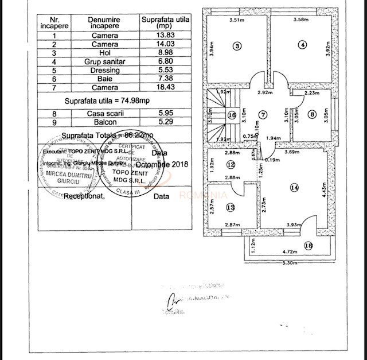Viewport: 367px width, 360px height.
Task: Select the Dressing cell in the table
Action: [x=104, y=70]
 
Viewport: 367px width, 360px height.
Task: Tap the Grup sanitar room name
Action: [x=104, y=61]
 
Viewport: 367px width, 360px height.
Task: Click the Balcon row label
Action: [x=104, y=122]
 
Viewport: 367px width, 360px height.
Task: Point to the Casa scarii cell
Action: [x=104, y=113]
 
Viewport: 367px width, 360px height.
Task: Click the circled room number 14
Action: [x=294, y=187]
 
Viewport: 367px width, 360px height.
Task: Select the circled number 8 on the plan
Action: [x=312, y=114]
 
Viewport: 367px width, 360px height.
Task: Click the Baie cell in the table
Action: [x=104, y=79]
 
